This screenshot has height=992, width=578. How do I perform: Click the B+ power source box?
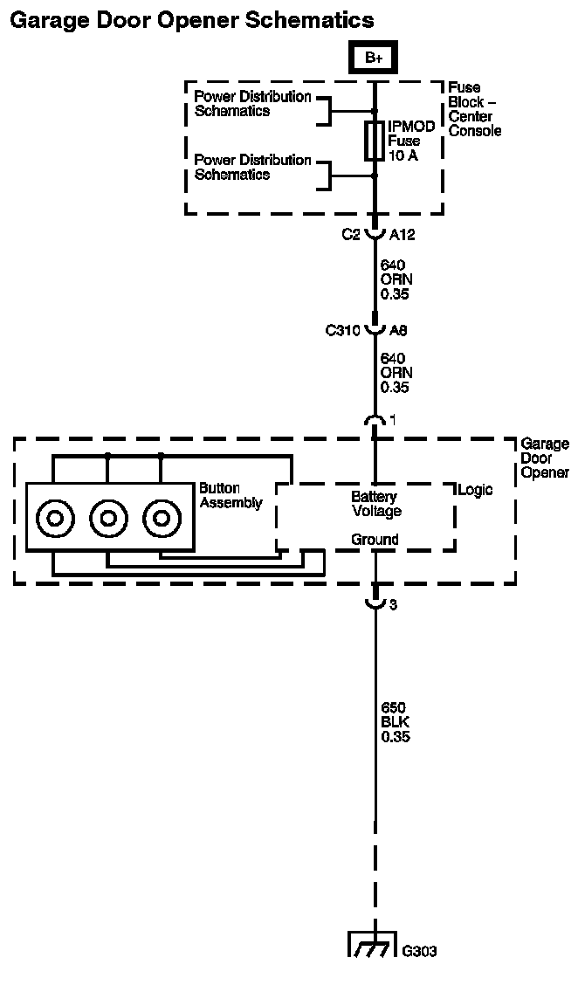point(374,59)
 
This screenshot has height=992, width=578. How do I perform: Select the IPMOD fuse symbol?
point(374,141)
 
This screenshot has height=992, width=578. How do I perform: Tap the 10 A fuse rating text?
point(403,155)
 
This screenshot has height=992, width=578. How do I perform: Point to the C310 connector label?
point(343,330)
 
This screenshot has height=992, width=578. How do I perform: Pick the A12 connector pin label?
point(403,236)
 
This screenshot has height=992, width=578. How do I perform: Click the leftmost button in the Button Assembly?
point(55,519)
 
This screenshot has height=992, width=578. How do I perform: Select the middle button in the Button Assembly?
point(109,519)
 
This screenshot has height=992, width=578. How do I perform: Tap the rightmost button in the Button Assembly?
point(162,519)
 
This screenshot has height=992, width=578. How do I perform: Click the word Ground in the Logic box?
point(375,540)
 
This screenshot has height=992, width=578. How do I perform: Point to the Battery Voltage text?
point(376,504)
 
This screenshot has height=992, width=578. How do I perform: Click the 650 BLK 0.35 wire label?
point(396,722)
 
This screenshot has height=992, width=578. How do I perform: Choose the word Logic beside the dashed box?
point(476,490)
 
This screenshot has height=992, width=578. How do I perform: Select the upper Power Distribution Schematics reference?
point(252,104)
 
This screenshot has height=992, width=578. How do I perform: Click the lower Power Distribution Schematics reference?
point(252,167)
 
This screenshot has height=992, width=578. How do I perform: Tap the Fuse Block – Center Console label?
point(474,109)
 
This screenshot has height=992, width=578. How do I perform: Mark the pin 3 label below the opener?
point(394,605)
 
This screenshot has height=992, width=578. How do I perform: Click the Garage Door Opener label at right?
point(545,458)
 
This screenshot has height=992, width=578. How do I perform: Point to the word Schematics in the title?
point(309,20)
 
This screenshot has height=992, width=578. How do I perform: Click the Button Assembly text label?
point(231,496)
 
